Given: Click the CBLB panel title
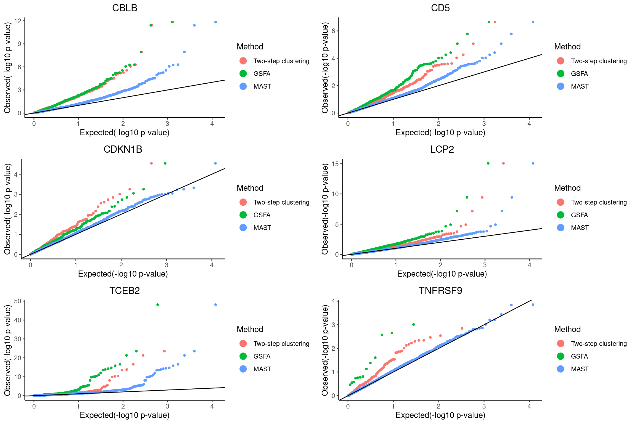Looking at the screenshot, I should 125,8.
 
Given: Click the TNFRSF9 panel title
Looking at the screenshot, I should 440,291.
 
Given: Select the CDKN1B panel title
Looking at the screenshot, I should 123,149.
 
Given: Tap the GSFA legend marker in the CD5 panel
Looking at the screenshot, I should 561,73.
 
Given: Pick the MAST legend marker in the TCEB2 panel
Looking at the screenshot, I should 243,369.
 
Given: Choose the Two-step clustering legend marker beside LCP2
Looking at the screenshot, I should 561,202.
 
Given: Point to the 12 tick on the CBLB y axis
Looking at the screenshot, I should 18,21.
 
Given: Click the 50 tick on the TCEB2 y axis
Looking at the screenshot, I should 18,301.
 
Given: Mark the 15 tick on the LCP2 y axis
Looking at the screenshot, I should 335,164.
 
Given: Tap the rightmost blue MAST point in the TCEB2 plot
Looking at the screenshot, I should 216,305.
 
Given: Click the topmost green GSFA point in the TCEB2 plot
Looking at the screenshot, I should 158,305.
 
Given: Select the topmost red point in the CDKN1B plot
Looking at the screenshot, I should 151,163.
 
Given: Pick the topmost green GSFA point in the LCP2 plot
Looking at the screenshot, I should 488,163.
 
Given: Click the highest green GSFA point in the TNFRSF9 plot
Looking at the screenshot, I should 413,325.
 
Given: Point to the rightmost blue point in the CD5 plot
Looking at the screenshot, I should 533,22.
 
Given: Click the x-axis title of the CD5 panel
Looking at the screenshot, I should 440,133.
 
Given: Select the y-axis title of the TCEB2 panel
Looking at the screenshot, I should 8,351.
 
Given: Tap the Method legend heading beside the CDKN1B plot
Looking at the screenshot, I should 250,188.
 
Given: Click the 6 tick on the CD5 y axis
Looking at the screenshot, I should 333,31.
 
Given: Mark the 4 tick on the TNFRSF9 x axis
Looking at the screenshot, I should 529,406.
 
